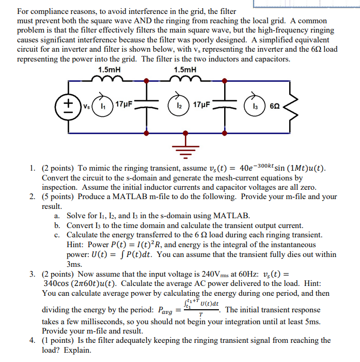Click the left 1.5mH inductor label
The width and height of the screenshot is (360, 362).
[x=106, y=70]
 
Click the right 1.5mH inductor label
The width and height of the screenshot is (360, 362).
[x=184, y=70]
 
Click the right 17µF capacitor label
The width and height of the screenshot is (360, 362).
[x=202, y=103]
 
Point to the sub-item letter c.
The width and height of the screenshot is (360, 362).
[x=56, y=234]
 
